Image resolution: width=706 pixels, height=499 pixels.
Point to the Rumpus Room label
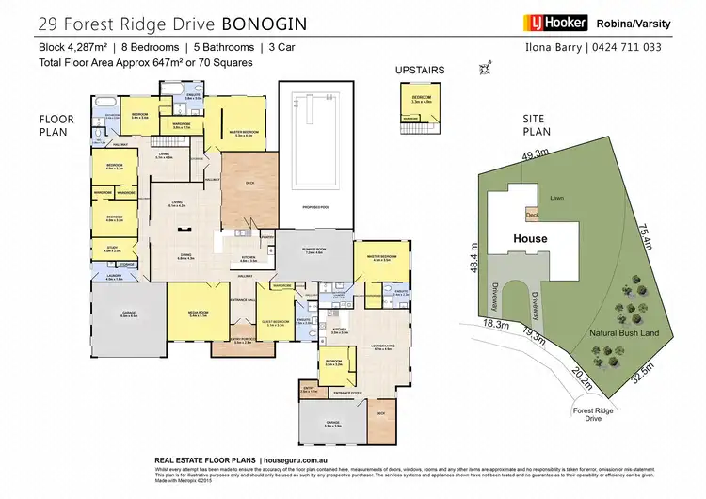coord(313,251)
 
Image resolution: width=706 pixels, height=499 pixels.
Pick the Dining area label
coord(185,257)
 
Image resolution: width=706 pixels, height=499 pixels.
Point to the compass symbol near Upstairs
coord(486,68)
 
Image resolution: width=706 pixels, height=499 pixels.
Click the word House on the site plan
coord(530,239)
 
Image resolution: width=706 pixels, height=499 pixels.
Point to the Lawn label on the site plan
coord(557,198)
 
